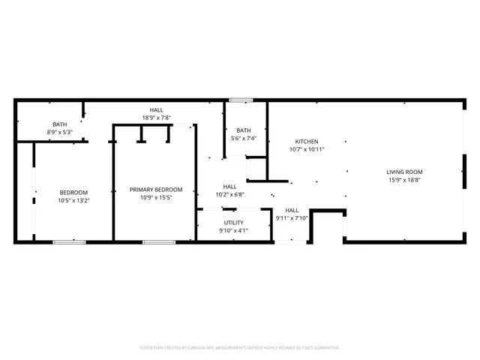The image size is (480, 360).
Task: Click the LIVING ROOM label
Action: click(x=404, y=172)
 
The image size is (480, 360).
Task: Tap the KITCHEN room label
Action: click(x=306, y=141)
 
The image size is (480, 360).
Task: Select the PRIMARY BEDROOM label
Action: click(x=156, y=190)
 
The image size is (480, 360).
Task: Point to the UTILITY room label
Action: click(x=233, y=223)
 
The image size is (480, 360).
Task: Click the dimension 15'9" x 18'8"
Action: click(x=404, y=180)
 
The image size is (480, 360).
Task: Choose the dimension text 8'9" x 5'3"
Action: click(x=59, y=132)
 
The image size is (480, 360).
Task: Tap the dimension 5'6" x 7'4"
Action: click(x=244, y=138)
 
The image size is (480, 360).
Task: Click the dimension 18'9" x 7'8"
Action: click(x=157, y=118)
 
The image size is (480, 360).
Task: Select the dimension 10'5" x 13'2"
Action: click(x=73, y=200)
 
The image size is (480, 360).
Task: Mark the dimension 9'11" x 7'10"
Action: click(x=292, y=218)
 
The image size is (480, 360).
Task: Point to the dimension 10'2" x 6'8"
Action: click(x=229, y=194)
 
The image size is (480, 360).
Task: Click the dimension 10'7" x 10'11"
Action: click(x=306, y=149)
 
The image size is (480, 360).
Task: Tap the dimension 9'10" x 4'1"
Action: click(x=233, y=230)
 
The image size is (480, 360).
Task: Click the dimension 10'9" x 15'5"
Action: click(x=156, y=198)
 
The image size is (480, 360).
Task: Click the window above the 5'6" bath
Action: click(x=241, y=100)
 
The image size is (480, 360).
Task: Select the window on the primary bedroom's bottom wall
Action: click(x=159, y=241)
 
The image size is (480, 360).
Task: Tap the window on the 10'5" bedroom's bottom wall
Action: click(x=69, y=241)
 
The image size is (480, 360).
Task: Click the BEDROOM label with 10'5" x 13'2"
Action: click(x=73, y=192)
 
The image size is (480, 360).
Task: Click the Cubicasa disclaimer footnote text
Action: click(x=239, y=347)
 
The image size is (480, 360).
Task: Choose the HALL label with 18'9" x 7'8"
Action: click(x=157, y=109)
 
